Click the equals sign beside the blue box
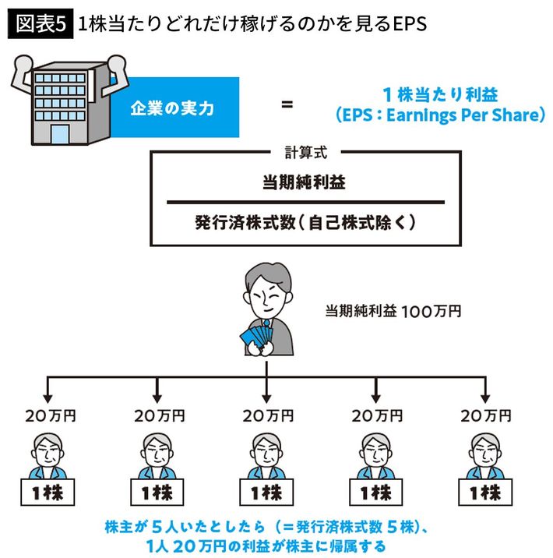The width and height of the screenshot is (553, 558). (287, 103)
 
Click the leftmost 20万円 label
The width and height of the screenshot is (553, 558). (51, 416)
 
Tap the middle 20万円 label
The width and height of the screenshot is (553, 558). (268, 416)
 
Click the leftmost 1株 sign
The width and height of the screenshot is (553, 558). (50, 493)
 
